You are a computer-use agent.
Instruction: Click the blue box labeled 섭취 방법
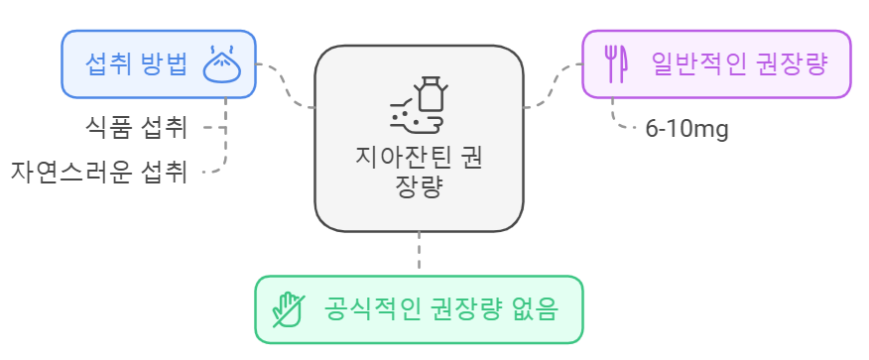tap(159, 64)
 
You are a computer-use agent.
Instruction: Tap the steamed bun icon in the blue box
tap(223, 63)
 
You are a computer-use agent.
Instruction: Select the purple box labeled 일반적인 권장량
tap(716, 64)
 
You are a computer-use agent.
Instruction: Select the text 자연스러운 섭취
tap(99, 171)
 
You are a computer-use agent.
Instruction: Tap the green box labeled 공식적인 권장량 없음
tap(419, 308)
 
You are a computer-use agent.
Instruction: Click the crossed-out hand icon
tap(290, 308)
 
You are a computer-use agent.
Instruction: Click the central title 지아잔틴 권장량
tap(419, 171)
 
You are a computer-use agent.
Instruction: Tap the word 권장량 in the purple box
tap(791, 64)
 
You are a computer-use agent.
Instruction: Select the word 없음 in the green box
tap(537, 308)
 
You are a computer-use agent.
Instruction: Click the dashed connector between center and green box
tap(419, 253)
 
